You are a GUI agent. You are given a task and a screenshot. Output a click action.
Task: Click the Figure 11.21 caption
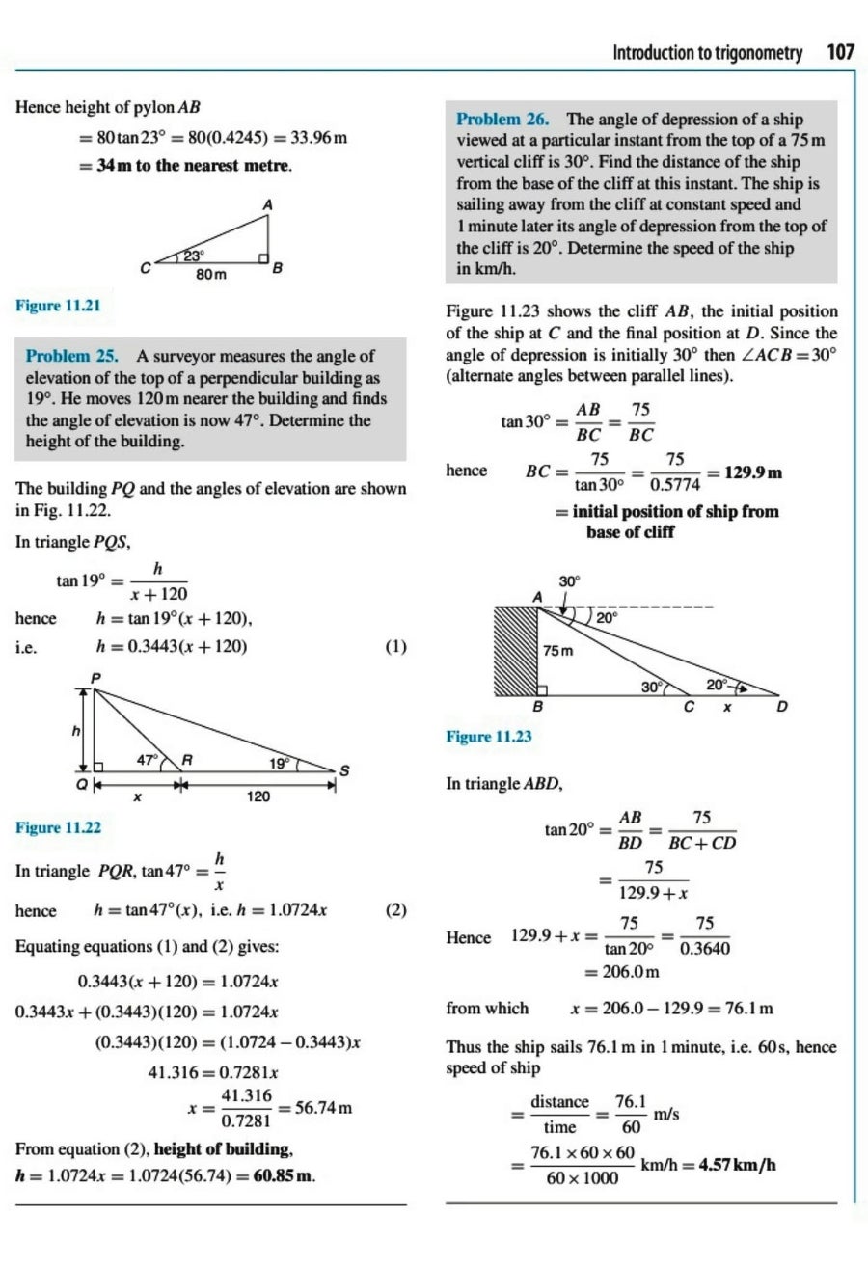[59, 306]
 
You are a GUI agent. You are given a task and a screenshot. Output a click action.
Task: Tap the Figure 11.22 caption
[59, 827]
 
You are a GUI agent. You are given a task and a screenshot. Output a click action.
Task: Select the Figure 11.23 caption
[489, 737]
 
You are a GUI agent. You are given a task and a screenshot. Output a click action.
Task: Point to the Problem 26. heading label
[507, 120]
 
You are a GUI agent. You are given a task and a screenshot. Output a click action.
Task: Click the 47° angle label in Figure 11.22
[148, 760]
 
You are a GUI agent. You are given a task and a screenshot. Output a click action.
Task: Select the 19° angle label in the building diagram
[280, 763]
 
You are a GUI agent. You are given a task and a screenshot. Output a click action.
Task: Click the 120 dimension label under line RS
[258, 797]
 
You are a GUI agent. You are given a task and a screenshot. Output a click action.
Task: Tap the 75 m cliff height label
[558, 652]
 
